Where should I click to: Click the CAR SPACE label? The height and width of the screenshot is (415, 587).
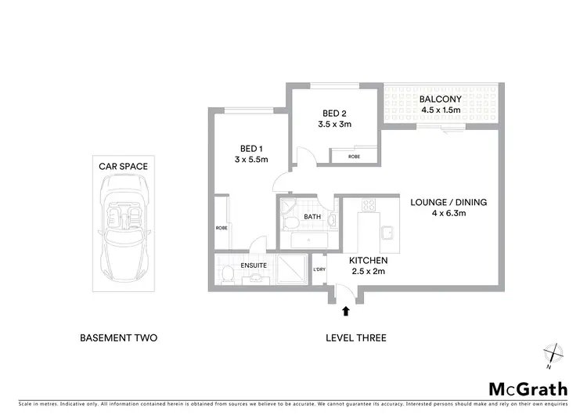coord(123,166)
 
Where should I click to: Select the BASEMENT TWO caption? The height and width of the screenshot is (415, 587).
coord(119,338)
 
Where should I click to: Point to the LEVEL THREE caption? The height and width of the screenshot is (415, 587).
coord(355,338)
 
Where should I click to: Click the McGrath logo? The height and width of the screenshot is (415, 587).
coord(528,389)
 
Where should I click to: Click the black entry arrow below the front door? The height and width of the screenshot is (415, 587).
coord(345,311)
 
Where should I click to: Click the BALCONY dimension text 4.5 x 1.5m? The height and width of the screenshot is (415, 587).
coord(439,110)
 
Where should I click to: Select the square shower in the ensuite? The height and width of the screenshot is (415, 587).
coord(290,268)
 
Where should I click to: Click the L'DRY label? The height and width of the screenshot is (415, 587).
coord(319,271)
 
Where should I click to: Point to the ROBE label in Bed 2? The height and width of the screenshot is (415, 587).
coord(355,157)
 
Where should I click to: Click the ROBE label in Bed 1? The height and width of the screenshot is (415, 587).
coord(221,228)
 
